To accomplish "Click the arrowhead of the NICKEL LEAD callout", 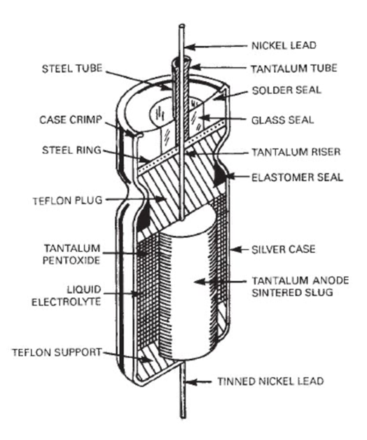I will [x=187, y=48].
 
